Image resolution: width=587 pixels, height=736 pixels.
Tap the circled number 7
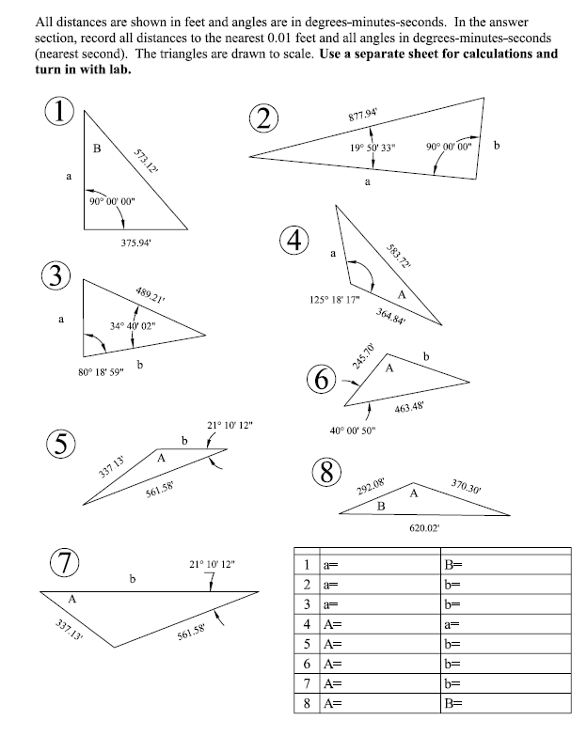coord(63,565)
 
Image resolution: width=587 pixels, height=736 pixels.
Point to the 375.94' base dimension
coord(137,243)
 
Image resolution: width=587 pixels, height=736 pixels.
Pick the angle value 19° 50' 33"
coord(373,148)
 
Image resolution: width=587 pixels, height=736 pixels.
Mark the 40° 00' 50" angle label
coord(353,431)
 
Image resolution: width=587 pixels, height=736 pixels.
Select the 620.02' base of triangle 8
coord(424,528)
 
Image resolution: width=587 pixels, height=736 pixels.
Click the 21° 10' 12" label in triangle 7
coord(213,564)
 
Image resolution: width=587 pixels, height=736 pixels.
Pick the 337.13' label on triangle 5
coord(112,465)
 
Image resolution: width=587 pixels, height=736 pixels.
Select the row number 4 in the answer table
coord(307,623)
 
